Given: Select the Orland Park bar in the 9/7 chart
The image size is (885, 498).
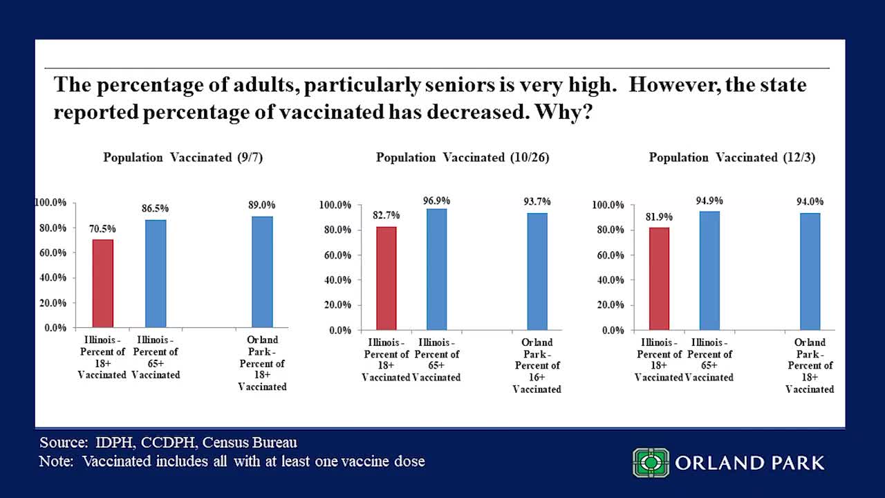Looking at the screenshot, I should (x=262, y=272).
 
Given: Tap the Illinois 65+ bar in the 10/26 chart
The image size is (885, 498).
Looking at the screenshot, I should (x=436, y=269).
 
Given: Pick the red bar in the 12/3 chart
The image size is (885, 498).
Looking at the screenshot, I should (x=659, y=279).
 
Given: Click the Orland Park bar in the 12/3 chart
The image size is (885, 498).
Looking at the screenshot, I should (x=810, y=271).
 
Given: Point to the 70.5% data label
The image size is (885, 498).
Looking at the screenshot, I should (x=103, y=229).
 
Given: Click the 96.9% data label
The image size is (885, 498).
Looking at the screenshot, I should (x=436, y=201).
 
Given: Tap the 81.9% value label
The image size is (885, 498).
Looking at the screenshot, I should (x=659, y=216).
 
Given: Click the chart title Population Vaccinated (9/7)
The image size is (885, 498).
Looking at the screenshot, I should (x=183, y=158).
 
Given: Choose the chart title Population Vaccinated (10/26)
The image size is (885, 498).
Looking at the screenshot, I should (x=463, y=158).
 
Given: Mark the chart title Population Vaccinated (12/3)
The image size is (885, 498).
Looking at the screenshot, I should (x=732, y=158).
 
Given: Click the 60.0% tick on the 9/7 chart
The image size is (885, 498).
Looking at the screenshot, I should (x=50, y=252).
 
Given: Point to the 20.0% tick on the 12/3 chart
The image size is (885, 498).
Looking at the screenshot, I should (x=608, y=305).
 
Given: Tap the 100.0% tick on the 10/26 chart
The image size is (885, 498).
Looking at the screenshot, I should (x=335, y=205).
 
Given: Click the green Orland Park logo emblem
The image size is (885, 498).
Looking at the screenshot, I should (x=651, y=463).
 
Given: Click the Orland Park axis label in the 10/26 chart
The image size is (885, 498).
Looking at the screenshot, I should (x=537, y=366).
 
